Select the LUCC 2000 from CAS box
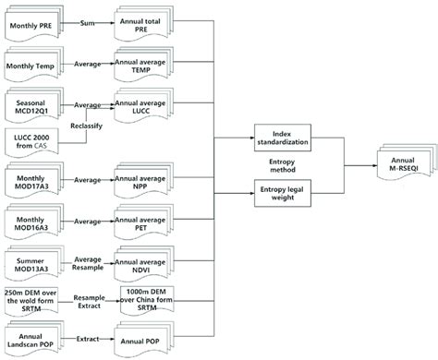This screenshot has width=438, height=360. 34,147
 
